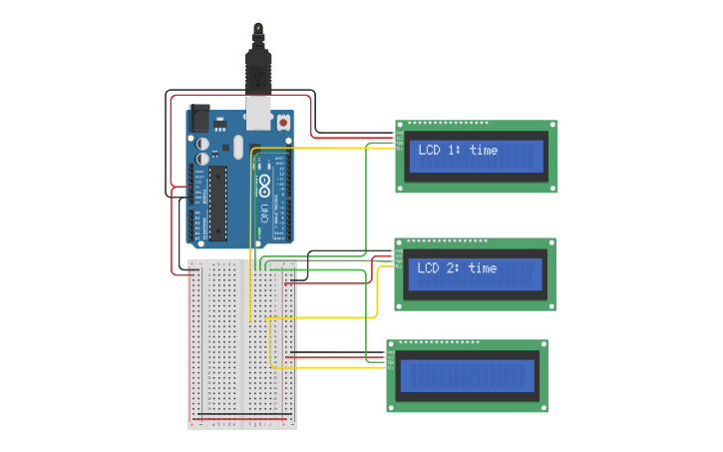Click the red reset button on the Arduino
click(x=283, y=123)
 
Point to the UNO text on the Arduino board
click(x=264, y=213)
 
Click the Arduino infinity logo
click(x=264, y=186)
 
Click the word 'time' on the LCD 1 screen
click(x=483, y=151)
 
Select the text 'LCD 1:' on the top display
click(x=440, y=151)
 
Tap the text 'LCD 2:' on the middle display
click(x=440, y=268)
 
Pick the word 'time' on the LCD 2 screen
click(x=483, y=268)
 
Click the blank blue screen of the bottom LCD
click(x=467, y=376)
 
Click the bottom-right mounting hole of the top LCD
click(x=550, y=187)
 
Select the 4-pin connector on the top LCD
click(x=399, y=140)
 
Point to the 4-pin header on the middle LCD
click(x=399, y=257)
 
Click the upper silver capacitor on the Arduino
click(x=202, y=142)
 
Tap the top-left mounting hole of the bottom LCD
click(x=393, y=345)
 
